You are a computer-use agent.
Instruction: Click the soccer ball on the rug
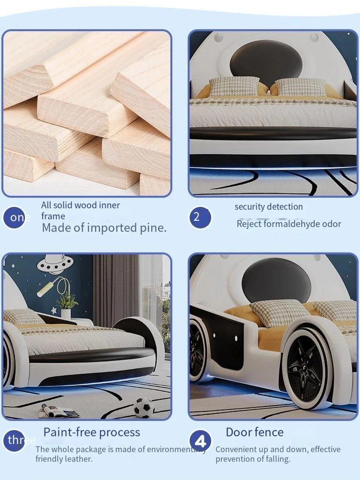(x=144, y=408)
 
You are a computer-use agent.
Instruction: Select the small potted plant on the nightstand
(x=67, y=305)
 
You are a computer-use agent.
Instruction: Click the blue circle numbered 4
(x=200, y=441)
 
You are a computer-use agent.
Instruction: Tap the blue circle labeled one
(x=14, y=217)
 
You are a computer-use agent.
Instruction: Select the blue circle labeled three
(x=14, y=440)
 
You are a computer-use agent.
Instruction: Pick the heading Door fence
(x=255, y=432)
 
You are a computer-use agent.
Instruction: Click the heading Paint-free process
(x=92, y=432)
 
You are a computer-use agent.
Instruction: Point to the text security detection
(x=269, y=206)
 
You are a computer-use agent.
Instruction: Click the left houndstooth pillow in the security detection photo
(x=234, y=86)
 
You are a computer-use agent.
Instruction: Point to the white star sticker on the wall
(x=53, y=311)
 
